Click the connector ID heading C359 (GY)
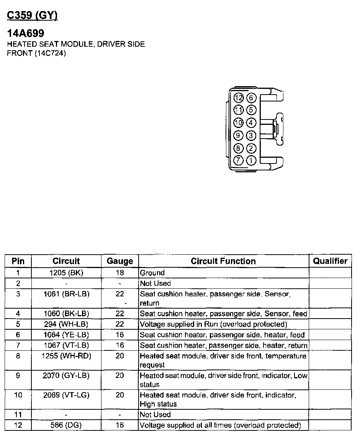point(32,16)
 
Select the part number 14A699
point(26,34)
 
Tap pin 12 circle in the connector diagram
point(239,98)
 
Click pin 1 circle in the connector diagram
point(251,160)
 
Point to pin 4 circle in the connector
point(251,123)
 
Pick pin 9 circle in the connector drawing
point(239,136)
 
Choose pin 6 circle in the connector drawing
point(251,98)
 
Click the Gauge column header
point(120,261)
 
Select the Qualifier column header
point(330,261)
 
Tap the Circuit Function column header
point(223,261)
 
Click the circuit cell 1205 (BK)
point(66,273)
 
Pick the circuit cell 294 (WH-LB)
point(66,324)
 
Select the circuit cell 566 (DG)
point(66,425)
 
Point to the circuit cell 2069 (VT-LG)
point(66,394)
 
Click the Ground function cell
point(152,273)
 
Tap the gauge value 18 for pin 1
point(120,273)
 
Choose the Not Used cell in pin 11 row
point(155,415)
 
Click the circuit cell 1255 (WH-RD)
point(66,356)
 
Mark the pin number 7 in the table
point(18,345)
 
